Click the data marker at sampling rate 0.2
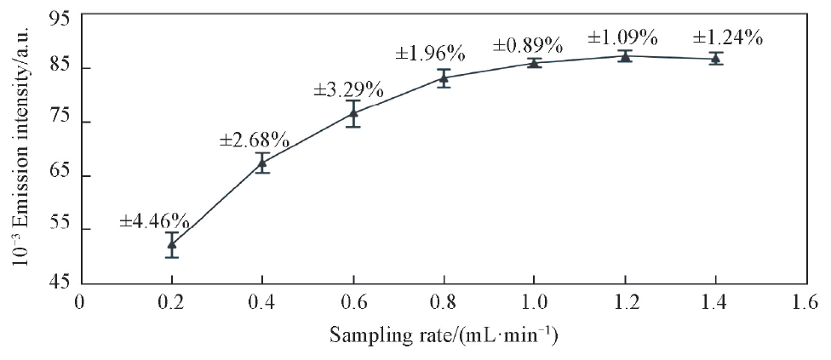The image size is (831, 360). [172, 244]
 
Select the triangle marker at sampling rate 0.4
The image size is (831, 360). [262, 163]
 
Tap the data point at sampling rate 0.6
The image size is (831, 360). [352, 113]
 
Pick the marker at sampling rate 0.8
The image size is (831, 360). [443, 78]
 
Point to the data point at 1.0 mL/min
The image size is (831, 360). [533, 62]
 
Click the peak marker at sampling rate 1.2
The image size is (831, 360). [624, 56]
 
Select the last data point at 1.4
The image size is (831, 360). [715, 59]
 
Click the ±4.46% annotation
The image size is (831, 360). [154, 221]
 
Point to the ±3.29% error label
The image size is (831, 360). [349, 89]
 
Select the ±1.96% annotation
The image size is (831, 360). [430, 54]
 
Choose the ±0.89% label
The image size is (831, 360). [528, 43]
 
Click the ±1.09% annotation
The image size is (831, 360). [622, 37]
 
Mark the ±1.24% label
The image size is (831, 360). [727, 37]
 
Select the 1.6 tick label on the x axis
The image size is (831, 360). [805, 302]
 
